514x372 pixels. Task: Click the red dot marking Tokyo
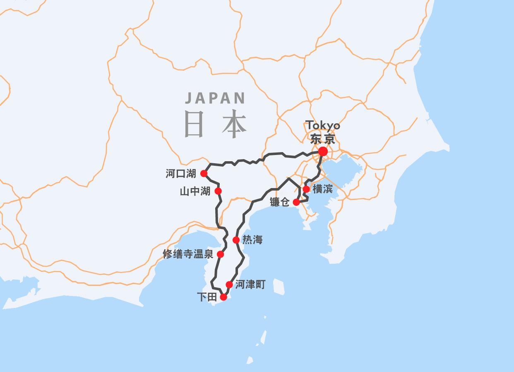[323, 152]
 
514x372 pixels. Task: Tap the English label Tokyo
[322, 125]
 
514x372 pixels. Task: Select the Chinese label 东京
[322, 139]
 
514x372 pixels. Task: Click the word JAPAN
[215, 98]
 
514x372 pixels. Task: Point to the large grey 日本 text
[216, 124]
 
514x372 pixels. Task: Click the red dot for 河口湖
[204, 173]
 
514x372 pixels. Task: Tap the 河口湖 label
[181, 174]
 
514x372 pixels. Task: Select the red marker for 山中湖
[218, 191]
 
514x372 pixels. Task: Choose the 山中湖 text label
[195, 191]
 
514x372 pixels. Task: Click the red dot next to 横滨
[306, 189]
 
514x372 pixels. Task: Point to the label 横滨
[323, 189]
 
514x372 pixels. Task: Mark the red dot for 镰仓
[296, 202]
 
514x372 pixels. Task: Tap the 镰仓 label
[279, 203]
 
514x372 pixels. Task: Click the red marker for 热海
[236, 240]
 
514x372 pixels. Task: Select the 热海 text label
[252, 240]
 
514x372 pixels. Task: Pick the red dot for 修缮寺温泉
[221, 254]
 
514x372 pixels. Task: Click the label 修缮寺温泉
[188, 254]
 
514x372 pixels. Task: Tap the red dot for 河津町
[229, 284]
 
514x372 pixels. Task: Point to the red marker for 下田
[223, 297]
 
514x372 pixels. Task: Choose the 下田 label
[207, 297]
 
